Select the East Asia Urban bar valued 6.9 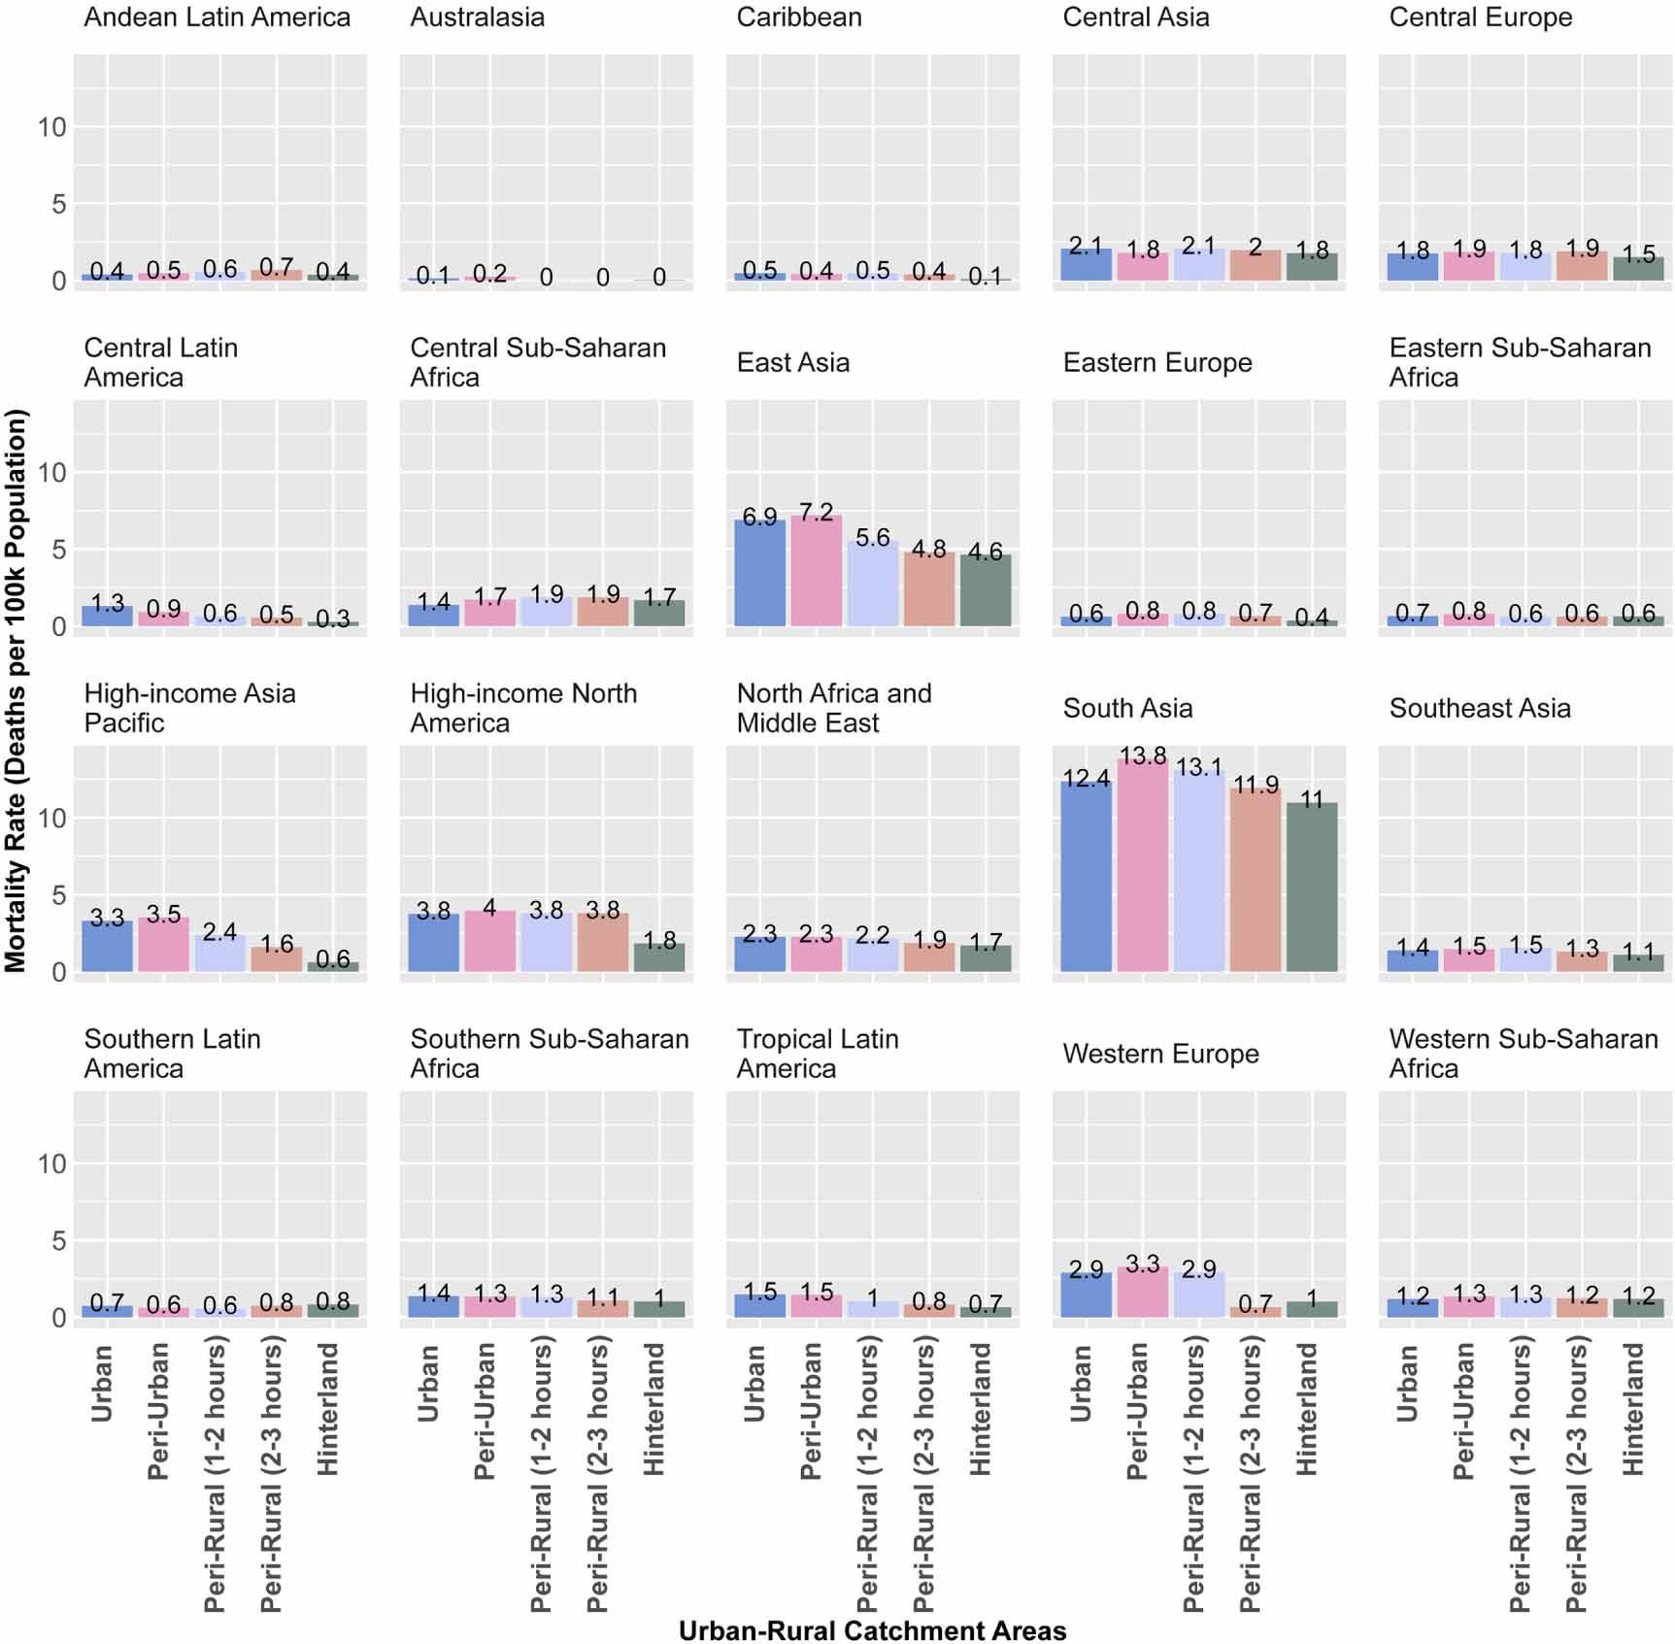(x=759, y=573)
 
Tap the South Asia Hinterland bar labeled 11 (x=1311, y=888)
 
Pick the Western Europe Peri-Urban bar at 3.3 (x=1142, y=1292)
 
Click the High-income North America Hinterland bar (x=659, y=957)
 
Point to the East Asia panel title (x=792, y=363)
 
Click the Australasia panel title (x=477, y=17)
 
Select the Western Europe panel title (x=1160, y=1055)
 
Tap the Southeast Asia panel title (x=1479, y=709)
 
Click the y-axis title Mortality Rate (x=16, y=690)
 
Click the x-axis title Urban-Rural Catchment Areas (x=872, y=1630)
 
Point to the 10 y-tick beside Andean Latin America (x=52, y=127)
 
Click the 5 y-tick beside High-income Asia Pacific (x=59, y=895)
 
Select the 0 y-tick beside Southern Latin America (x=59, y=1318)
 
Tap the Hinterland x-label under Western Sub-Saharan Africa (x=1633, y=1409)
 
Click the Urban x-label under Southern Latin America (x=101, y=1383)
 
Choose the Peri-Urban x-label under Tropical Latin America (x=810, y=1411)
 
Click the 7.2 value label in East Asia (x=816, y=512)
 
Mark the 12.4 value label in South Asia (x=1086, y=779)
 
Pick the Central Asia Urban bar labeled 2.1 (x=1086, y=265)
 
